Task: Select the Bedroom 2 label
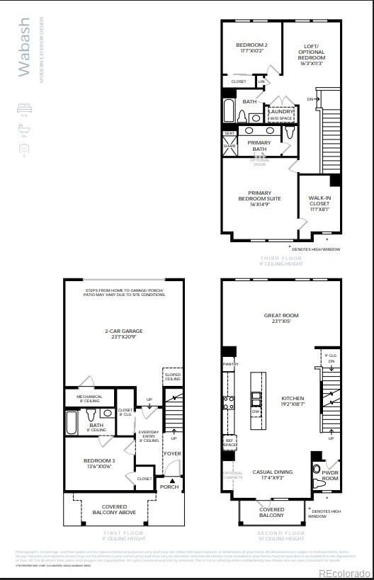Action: coord(252,48)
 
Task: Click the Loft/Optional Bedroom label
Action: coord(312,52)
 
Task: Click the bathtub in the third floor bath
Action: coord(231,111)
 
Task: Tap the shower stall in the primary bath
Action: coord(229,146)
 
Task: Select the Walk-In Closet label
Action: coord(319,203)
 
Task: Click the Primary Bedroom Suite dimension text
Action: coord(259,205)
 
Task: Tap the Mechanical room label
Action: coord(89,399)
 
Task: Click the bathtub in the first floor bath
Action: coord(73,423)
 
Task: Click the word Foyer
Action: coord(173,454)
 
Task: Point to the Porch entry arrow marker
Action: coord(171,480)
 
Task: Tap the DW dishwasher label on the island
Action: coord(256,411)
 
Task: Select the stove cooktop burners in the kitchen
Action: coord(229,403)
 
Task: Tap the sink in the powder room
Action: coord(317,467)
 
